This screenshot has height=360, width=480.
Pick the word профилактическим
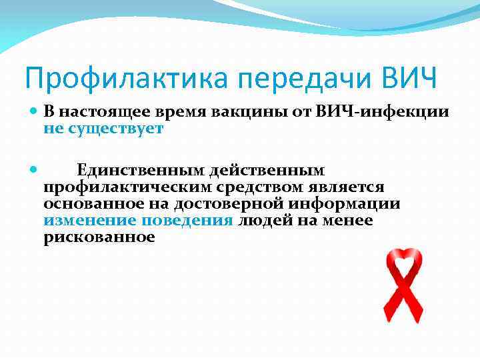[125, 188]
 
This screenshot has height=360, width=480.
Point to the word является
[349, 188]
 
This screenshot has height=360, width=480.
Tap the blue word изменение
[86, 221]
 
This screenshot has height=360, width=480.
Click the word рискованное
[99, 237]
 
